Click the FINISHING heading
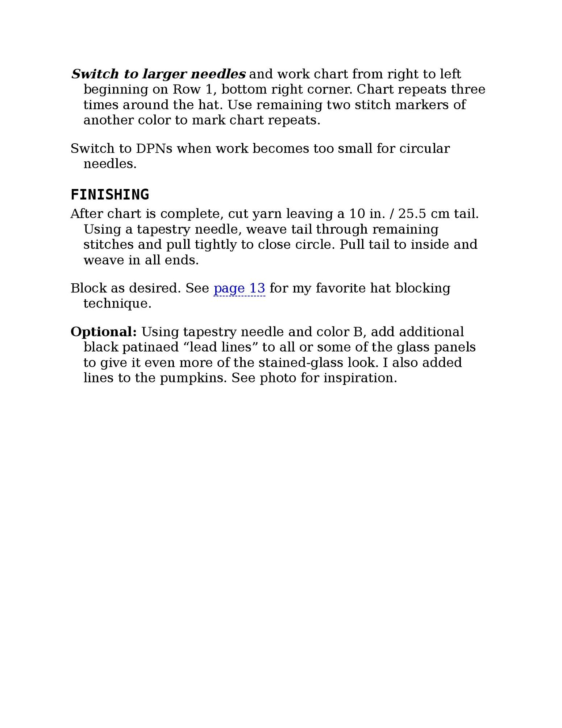109,195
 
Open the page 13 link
239,288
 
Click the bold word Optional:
104,332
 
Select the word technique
117,304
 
